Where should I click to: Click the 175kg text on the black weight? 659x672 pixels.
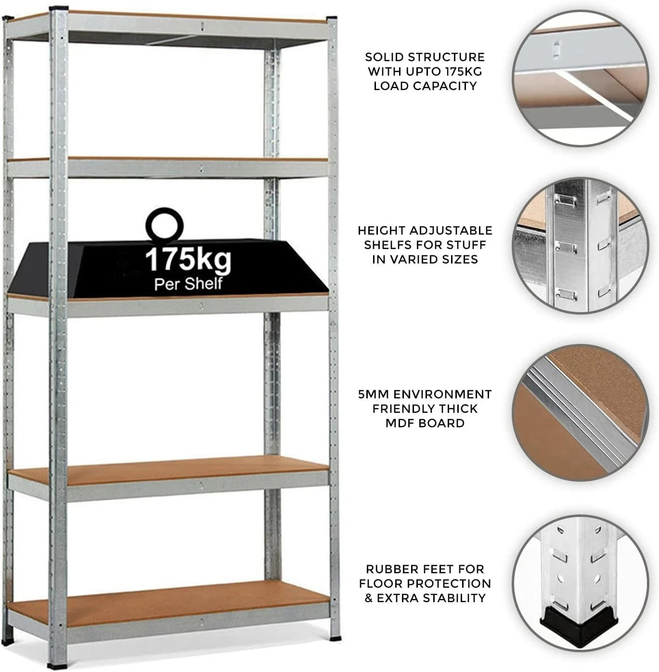point(188,260)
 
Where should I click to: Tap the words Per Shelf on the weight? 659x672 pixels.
point(188,284)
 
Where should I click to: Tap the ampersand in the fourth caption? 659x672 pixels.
point(368,598)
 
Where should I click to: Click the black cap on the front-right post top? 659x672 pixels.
point(332,17)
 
